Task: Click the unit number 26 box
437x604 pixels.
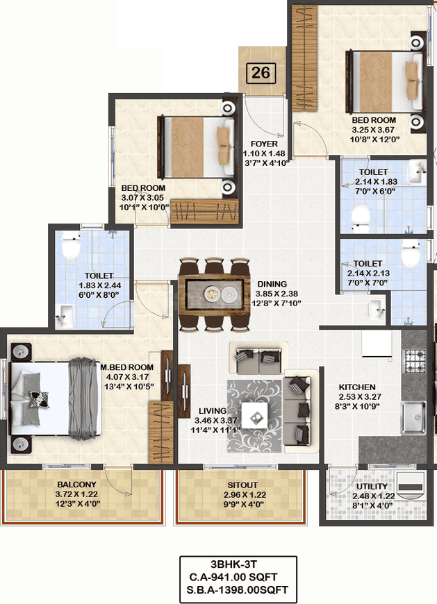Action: (x=261, y=73)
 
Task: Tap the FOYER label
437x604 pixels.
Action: (x=264, y=144)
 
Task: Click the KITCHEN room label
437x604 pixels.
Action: (x=357, y=387)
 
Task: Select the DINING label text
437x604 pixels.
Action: (x=272, y=284)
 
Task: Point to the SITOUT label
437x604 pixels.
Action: (x=242, y=485)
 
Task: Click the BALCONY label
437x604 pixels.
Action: (x=76, y=484)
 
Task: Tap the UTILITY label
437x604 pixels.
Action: (x=372, y=487)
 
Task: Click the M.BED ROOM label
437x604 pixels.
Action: (x=126, y=367)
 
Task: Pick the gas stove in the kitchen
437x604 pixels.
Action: (x=414, y=360)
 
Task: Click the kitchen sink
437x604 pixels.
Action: (x=413, y=417)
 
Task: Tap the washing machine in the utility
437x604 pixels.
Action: (x=411, y=485)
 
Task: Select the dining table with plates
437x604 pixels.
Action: (x=214, y=294)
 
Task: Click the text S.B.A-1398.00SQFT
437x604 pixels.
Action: (x=237, y=589)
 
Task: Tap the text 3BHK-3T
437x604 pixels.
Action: (x=234, y=564)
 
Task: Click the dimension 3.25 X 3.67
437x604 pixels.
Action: (x=373, y=130)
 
